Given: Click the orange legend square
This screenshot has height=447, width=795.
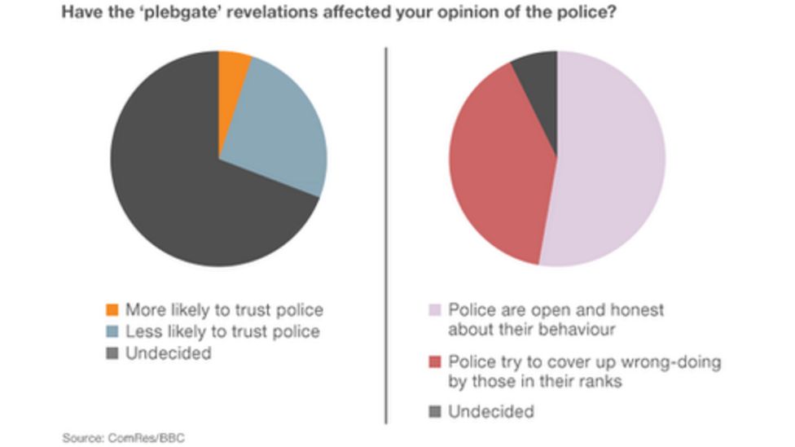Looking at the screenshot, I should (x=112, y=310).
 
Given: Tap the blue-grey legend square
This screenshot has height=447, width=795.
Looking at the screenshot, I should (x=112, y=332).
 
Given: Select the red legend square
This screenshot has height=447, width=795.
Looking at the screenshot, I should (x=434, y=362).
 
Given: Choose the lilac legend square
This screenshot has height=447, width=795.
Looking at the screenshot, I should (x=434, y=310).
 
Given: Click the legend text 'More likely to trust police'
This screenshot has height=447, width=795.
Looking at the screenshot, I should (x=225, y=310).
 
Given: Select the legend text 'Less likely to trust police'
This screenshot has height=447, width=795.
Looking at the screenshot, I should (x=222, y=332).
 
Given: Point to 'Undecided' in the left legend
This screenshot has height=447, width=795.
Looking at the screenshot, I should (x=169, y=353).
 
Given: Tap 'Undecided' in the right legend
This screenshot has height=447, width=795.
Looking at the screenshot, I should (x=491, y=411).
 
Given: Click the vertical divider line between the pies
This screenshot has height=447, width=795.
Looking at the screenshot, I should (x=386, y=236).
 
